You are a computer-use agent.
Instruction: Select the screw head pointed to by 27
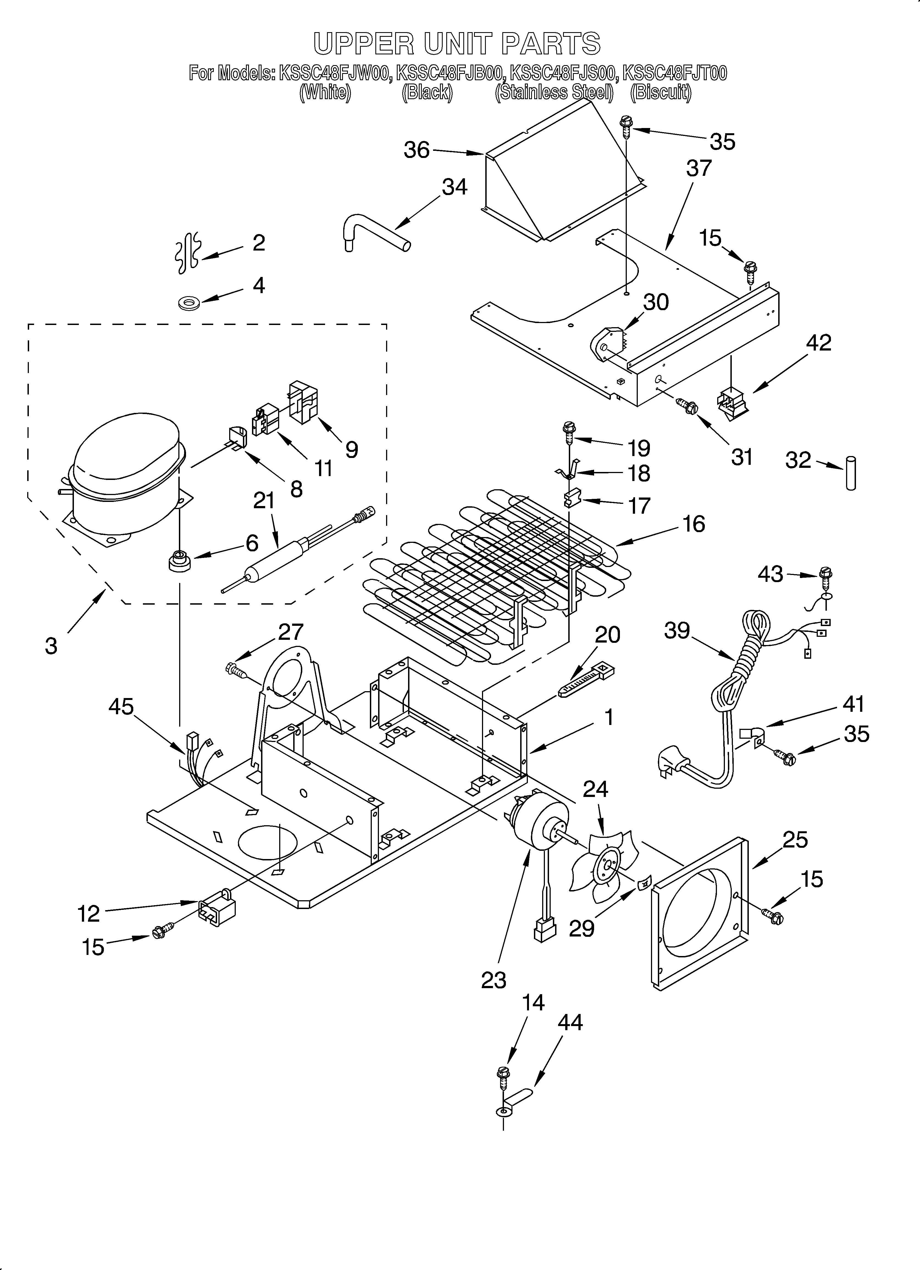click(232, 668)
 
